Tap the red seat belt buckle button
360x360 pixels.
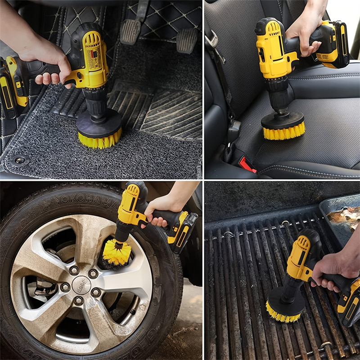[247, 165]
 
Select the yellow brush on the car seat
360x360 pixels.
[283, 131]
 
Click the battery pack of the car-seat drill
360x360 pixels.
[333, 45]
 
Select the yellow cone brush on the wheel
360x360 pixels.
[116, 252]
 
